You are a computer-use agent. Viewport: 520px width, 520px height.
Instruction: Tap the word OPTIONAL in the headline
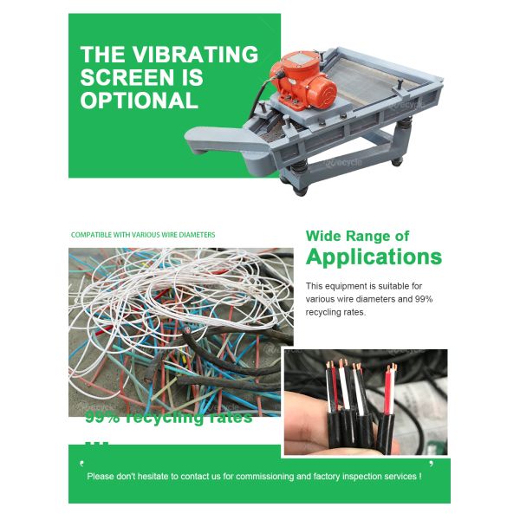coord(139,100)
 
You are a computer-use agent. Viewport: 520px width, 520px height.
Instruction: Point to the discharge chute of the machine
coord(217,136)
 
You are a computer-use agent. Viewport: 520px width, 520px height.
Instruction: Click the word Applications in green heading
coord(374,257)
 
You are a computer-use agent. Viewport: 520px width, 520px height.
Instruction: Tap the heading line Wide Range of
coord(358,236)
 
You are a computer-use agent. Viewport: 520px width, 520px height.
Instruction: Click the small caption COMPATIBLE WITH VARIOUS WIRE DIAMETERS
coord(143,235)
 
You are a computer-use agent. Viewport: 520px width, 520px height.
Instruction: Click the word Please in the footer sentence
coord(101,476)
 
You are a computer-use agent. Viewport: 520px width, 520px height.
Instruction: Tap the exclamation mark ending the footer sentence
coord(420,476)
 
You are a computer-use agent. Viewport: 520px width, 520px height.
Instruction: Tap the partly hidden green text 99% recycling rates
coord(168,418)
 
